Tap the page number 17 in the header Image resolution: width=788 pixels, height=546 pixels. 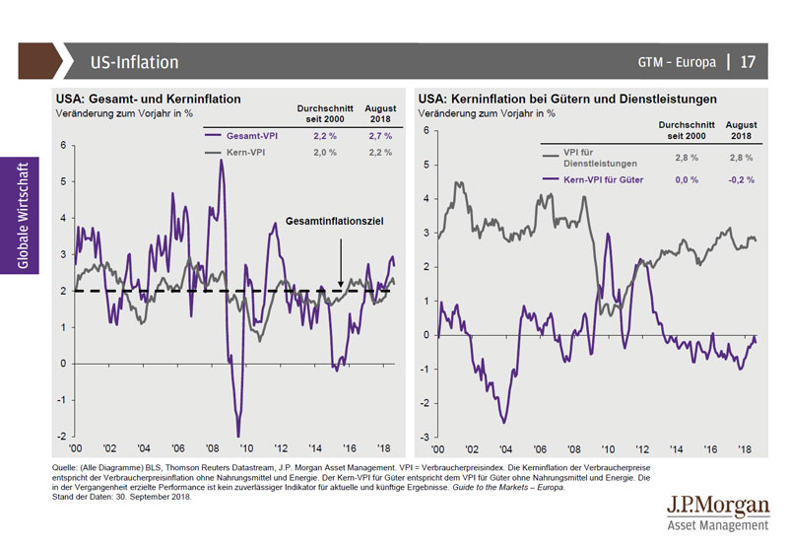[748, 62]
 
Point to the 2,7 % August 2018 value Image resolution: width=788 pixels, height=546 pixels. [380, 135]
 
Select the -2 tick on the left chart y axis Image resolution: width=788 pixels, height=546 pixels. [62, 437]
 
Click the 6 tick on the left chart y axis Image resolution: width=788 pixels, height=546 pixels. [62, 146]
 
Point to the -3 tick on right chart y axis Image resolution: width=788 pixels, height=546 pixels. [425, 438]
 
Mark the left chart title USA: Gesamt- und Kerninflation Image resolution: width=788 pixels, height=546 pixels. [149, 100]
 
